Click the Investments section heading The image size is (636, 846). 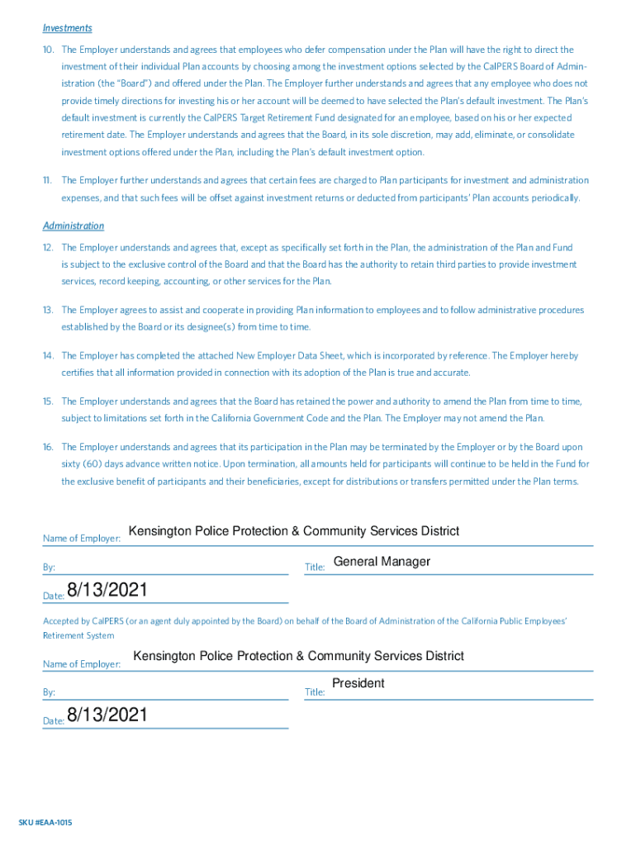(67, 28)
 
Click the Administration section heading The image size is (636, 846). (74, 226)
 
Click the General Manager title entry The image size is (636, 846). (382, 562)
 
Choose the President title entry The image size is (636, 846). (358, 683)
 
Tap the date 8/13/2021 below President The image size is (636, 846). (107, 715)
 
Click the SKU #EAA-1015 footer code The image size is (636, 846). (51, 822)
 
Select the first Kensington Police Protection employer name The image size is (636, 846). (293, 531)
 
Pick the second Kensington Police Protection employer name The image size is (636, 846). (298, 656)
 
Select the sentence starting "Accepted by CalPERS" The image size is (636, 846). (305, 621)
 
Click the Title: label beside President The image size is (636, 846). (315, 692)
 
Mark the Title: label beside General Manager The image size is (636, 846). (315, 568)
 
